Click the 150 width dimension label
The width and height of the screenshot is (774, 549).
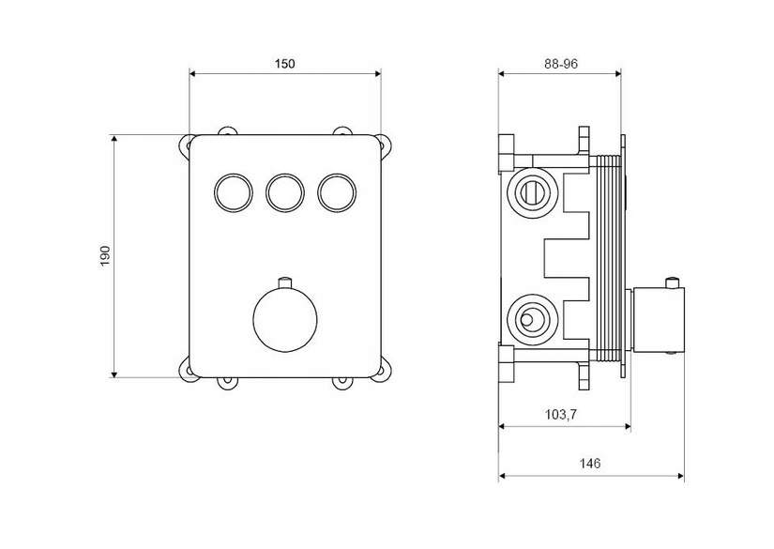click(285, 64)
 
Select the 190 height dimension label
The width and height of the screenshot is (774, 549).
click(106, 256)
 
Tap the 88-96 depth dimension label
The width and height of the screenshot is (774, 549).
click(561, 64)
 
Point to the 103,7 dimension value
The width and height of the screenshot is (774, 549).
click(561, 415)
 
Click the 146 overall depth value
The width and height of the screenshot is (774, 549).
click(590, 463)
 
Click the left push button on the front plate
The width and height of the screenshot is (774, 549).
click(234, 192)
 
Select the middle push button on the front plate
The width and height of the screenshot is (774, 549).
click(285, 192)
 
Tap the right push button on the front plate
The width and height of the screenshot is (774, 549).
click(337, 192)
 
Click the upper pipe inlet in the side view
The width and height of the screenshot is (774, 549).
click(533, 191)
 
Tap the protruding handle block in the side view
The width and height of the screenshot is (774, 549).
click(658, 320)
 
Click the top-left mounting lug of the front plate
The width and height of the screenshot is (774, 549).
click(185, 145)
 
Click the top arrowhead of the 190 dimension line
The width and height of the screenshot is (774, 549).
click(114, 139)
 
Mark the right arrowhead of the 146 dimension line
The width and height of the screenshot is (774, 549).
click(680, 476)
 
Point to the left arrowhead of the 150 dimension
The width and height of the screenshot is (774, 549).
click(194, 73)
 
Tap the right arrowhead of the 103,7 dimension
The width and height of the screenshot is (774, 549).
click(627, 426)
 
